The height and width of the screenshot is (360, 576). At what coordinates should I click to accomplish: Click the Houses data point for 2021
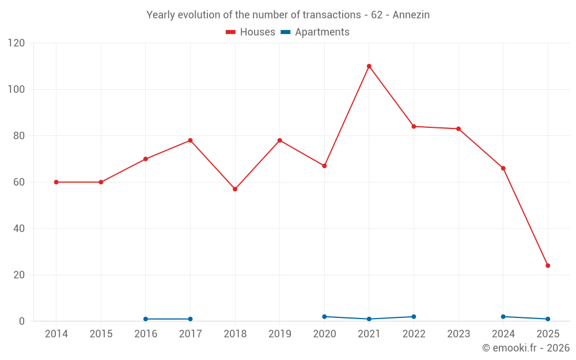click(x=369, y=66)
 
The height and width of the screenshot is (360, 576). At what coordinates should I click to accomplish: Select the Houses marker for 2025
click(x=548, y=266)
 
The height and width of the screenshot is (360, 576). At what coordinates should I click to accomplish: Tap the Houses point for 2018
click(x=235, y=189)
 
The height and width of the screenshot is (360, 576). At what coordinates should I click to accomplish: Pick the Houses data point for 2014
click(x=56, y=182)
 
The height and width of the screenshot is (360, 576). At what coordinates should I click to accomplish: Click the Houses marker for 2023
click(x=458, y=128)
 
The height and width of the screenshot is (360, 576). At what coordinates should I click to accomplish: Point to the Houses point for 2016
click(x=146, y=159)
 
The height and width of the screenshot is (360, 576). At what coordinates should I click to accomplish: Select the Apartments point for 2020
click(x=324, y=317)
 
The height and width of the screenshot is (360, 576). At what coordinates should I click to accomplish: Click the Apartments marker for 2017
click(x=190, y=319)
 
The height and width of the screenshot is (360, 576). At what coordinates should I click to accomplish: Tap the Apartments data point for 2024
click(x=503, y=317)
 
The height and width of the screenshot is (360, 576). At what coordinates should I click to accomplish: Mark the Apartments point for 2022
click(x=414, y=317)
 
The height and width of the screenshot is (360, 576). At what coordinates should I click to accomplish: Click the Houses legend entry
click(x=251, y=32)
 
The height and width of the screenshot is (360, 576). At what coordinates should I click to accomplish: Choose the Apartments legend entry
click(x=315, y=32)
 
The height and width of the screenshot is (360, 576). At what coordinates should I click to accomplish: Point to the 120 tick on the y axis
click(x=17, y=43)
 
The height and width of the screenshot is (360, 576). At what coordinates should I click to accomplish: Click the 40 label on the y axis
click(x=19, y=229)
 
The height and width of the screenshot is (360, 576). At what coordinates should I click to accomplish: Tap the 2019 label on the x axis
click(x=279, y=334)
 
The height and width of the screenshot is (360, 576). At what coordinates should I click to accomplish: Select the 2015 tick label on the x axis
click(x=101, y=334)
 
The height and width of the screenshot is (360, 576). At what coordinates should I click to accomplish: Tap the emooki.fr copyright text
click(x=526, y=348)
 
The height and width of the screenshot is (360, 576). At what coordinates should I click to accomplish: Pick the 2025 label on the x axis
click(x=548, y=334)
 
